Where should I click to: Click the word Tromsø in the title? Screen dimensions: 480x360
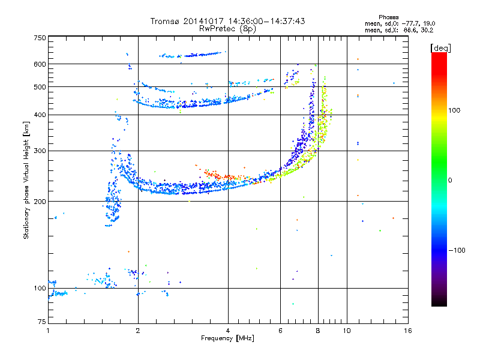(x=165, y=21)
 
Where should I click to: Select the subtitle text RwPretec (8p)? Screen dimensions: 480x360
(x=227, y=29)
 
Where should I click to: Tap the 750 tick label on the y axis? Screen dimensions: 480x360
(x=40, y=38)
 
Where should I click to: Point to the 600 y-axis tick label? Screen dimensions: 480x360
(x=40, y=64)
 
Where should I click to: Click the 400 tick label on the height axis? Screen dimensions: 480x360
(x=40, y=115)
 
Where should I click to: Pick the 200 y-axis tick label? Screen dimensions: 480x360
(x=40, y=202)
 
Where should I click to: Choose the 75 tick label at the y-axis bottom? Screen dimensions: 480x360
(x=42, y=322)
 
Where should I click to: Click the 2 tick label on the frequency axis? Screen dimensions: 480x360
(x=138, y=331)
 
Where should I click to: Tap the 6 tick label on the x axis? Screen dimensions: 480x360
(x=280, y=331)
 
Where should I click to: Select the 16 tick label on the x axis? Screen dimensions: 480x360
(x=408, y=331)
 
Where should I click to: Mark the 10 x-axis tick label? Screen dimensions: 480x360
(x=347, y=331)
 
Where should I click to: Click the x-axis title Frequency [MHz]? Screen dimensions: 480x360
(x=227, y=338)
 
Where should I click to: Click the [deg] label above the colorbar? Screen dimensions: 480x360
(x=440, y=48)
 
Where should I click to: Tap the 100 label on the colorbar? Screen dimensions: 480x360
(x=454, y=110)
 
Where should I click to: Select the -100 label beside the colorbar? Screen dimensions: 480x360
(x=457, y=250)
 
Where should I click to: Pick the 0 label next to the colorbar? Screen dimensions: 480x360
(x=450, y=181)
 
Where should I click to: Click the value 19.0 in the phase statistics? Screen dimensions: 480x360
(x=429, y=23)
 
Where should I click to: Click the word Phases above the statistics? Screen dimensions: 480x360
(x=388, y=17)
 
